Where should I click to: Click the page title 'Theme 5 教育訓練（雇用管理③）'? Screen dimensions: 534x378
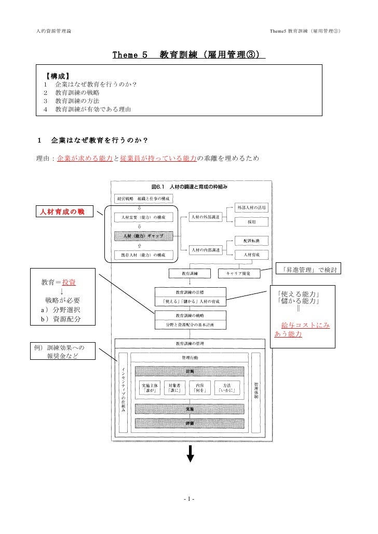pyautogui.click(x=188, y=55)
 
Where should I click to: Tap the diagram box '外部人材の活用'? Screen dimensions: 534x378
pyautogui.click(x=252, y=207)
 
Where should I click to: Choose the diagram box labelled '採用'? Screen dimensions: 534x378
pyautogui.click(x=252, y=221)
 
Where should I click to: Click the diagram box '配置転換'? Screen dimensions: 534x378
pyautogui.click(x=252, y=241)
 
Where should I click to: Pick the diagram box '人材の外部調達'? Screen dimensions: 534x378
pyautogui.click(x=205, y=217)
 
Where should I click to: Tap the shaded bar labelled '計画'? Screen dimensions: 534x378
pyautogui.click(x=190, y=371)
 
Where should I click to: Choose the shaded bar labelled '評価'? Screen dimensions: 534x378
pyautogui.click(x=190, y=423)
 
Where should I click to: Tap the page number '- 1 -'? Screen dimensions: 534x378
pyautogui.click(x=189, y=499)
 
